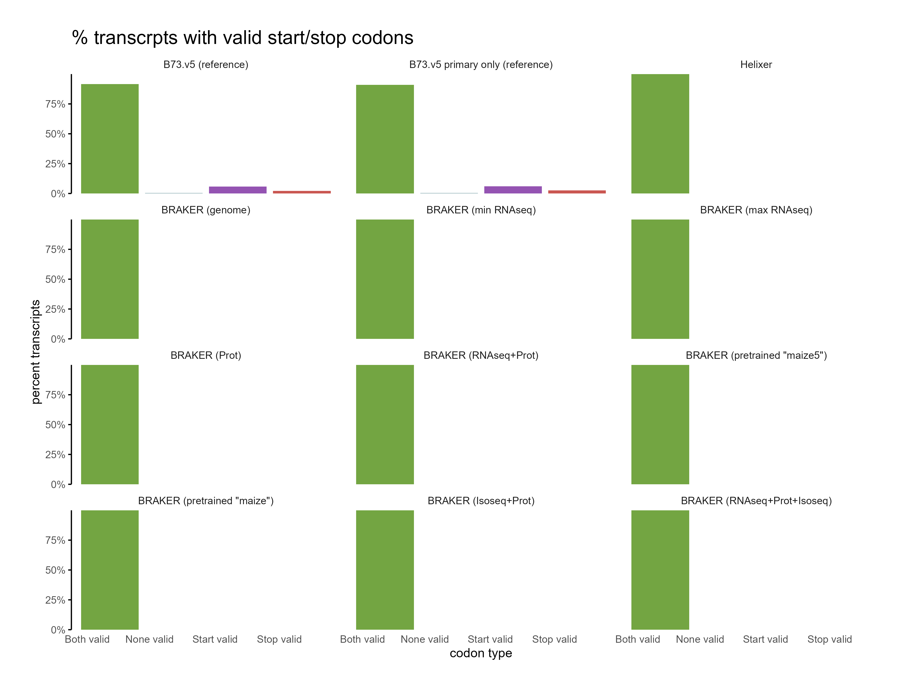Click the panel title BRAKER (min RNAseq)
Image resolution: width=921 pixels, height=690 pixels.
pyautogui.click(x=481, y=210)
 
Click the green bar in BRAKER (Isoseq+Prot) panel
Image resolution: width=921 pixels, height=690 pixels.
pyautogui.click(x=385, y=570)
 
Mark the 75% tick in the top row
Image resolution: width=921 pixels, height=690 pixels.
pyautogui.click(x=55, y=104)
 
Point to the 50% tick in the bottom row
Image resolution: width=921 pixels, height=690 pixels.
pyautogui.click(x=55, y=570)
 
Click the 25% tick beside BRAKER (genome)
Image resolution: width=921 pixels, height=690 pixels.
pyautogui.click(x=55, y=309)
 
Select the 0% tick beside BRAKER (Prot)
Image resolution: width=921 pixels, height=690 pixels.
pyautogui.click(x=58, y=485)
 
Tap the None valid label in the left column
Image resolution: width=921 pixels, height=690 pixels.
pyautogui.click(x=149, y=639)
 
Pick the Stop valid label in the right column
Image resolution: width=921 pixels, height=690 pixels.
pyautogui.click(x=829, y=639)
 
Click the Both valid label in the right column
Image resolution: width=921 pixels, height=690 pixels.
pyautogui.click(x=638, y=639)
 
